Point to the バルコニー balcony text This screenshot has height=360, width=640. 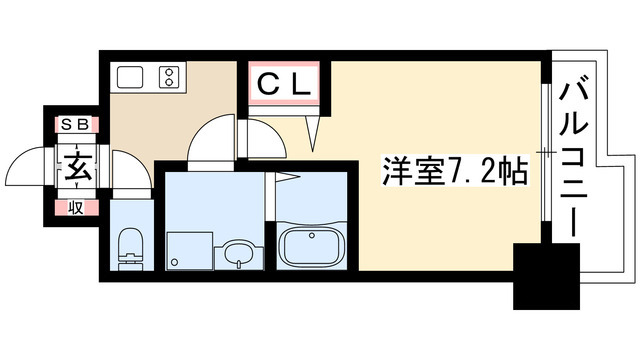[x=573, y=161]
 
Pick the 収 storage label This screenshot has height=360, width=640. [x=75, y=207]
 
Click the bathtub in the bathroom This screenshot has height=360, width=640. [x=310, y=247]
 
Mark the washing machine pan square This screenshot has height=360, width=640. [x=187, y=249]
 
